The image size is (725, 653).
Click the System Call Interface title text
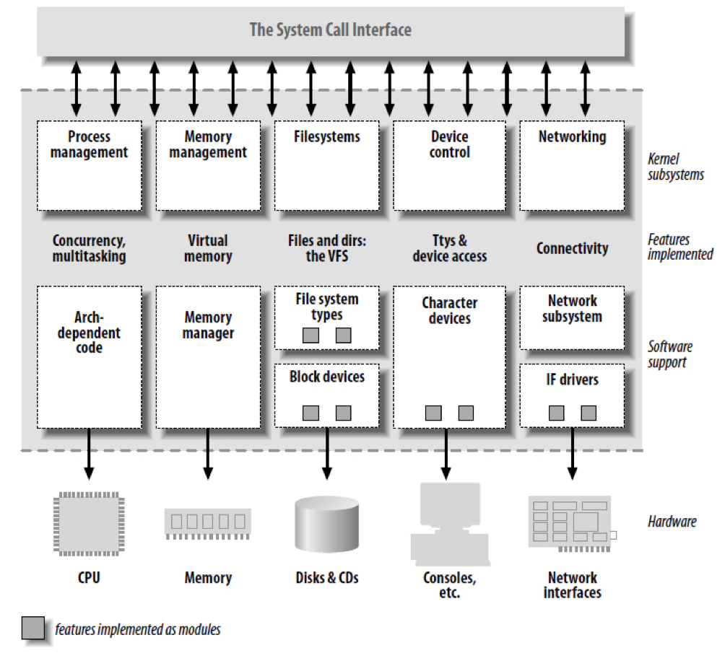tap(330, 30)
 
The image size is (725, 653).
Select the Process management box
tap(90, 165)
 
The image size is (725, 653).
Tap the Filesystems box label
tap(326, 137)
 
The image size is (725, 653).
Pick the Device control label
tap(449, 144)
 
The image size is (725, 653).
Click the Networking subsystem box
tap(572, 165)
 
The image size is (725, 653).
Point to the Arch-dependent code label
tap(89, 333)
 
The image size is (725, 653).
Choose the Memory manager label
tap(208, 325)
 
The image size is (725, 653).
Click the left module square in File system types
tap(311, 335)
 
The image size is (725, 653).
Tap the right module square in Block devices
tap(343, 413)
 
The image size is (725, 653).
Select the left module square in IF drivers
tap(556, 413)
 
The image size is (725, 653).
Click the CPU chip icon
tap(89, 524)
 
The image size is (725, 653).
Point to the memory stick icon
tap(207, 524)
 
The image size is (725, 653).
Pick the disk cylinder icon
tap(327, 524)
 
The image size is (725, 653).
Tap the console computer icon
tap(450, 525)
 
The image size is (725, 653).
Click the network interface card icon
tap(572, 524)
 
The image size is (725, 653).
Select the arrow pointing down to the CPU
tap(89, 454)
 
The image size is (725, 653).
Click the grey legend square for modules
tap(32, 628)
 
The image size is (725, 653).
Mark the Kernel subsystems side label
tap(675, 167)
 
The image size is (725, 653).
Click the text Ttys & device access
tap(449, 248)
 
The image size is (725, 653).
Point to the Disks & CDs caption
tap(327, 578)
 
